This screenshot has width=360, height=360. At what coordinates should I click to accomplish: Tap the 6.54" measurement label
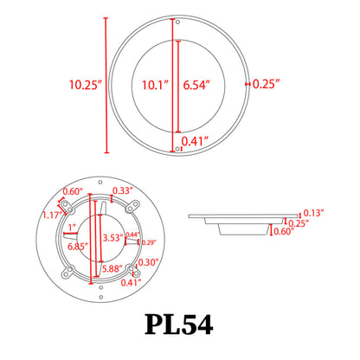(199, 85)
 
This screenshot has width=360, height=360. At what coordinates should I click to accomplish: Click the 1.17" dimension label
(52, 215)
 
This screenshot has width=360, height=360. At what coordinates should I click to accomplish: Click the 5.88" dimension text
(112, 268)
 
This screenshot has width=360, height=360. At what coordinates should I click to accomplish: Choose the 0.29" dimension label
(148, 243)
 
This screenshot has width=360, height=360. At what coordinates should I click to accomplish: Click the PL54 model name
(179, 325)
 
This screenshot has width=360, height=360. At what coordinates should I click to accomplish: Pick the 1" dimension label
(71, 228)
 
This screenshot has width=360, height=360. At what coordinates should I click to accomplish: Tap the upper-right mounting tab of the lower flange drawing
(132, 207)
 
